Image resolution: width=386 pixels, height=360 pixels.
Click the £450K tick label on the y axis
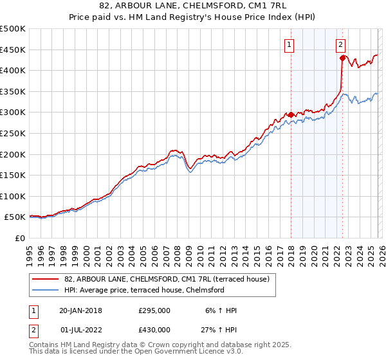(x=13, y=50)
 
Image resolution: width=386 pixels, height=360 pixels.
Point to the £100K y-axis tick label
(x=13, y=196)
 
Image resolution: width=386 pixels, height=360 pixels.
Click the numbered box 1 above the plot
(x=290, y=44)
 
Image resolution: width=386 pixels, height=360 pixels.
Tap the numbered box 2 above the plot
(x=340, y=44)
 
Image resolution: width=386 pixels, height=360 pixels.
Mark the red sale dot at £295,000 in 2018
(x=291, y=115)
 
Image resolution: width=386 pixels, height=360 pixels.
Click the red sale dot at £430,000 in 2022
(x=342, y=59)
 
